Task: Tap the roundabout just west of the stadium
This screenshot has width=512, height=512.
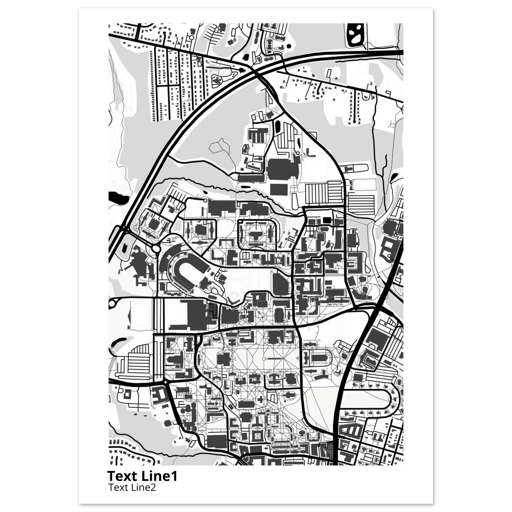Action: (156, 248)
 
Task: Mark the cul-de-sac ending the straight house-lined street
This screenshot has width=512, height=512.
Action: (354, 122)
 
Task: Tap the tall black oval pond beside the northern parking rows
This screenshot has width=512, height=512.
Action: (278, 127)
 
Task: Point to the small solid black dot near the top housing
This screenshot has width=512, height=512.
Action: (288, 46)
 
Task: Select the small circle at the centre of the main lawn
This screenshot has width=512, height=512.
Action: (264, 359)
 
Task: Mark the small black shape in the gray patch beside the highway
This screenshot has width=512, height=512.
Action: (124, 248)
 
